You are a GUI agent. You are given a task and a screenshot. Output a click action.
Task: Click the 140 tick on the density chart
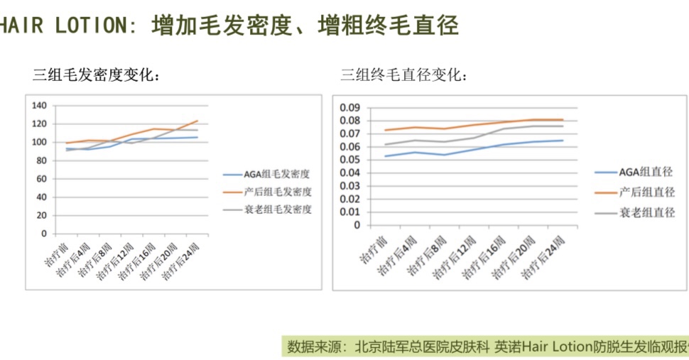tap(40, 106)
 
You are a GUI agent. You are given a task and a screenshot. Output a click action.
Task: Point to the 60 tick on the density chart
tap(42, 179)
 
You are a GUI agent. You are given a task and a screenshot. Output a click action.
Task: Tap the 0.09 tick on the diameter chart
tap(350, 108)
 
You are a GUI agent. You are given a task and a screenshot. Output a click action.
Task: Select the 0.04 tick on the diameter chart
tap(350, 173)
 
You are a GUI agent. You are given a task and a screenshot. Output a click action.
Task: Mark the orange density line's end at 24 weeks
tap(197, 121)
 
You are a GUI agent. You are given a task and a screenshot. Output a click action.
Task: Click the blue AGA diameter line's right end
tap(563, 140)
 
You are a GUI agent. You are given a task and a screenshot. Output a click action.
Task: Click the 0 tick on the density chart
tap(44, 234)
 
